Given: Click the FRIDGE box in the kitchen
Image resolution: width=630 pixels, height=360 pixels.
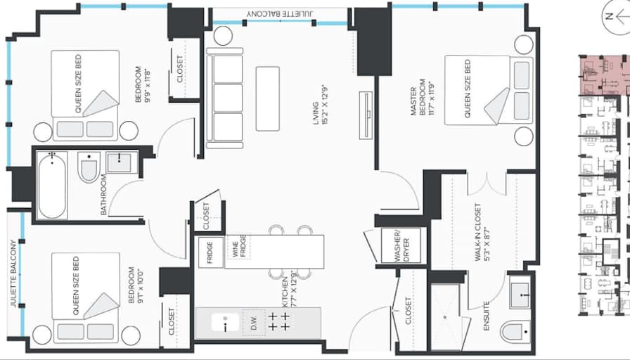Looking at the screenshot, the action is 211,252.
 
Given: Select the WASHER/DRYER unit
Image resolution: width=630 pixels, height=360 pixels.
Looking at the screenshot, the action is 401,245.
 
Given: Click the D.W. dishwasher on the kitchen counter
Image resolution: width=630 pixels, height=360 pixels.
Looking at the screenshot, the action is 254,323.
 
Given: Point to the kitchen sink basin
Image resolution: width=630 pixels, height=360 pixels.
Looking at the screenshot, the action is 225,323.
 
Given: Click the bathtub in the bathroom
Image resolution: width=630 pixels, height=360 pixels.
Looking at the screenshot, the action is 52,185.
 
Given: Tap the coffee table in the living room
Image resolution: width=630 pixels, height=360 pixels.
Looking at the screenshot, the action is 268,98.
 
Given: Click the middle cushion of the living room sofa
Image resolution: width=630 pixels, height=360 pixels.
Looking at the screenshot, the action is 228,98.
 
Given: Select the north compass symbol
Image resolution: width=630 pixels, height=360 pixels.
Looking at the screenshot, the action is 617,16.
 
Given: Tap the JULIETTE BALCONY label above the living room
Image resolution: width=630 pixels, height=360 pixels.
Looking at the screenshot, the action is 280,13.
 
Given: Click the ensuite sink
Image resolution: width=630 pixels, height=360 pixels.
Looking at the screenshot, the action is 520,295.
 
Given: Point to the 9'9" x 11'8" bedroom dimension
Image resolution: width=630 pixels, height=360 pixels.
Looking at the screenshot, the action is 148,85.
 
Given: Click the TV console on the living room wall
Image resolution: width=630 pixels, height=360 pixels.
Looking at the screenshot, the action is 366,115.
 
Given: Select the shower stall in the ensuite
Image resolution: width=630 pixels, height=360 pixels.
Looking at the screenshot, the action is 445,317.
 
